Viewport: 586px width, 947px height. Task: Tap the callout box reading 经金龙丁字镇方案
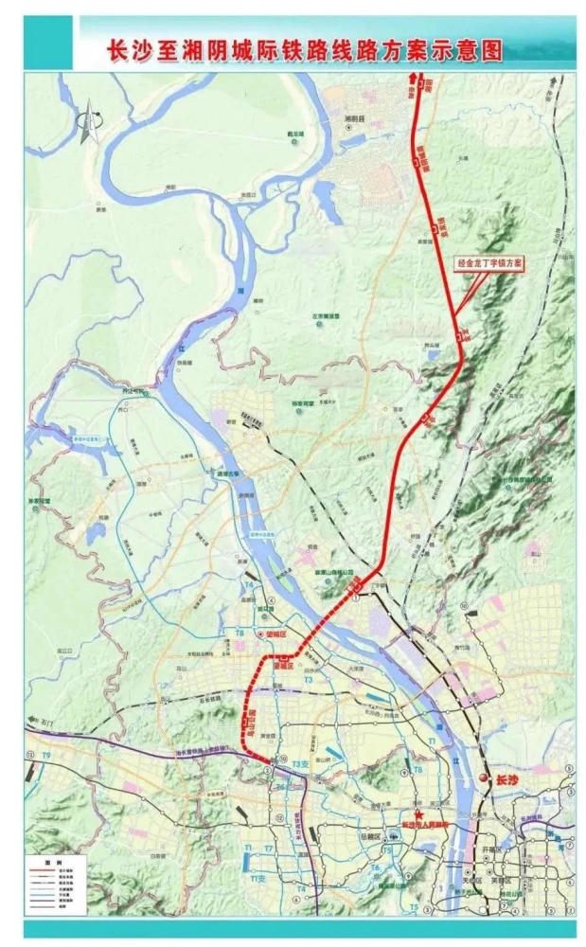coord(491,263)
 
